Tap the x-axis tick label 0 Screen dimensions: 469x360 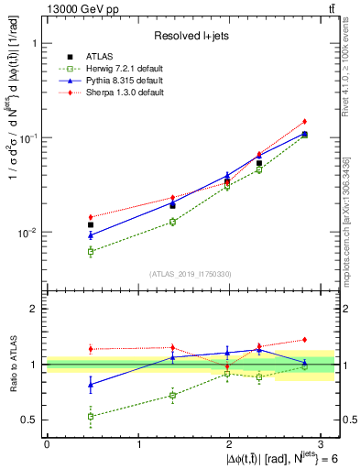(x=47, y=445)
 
